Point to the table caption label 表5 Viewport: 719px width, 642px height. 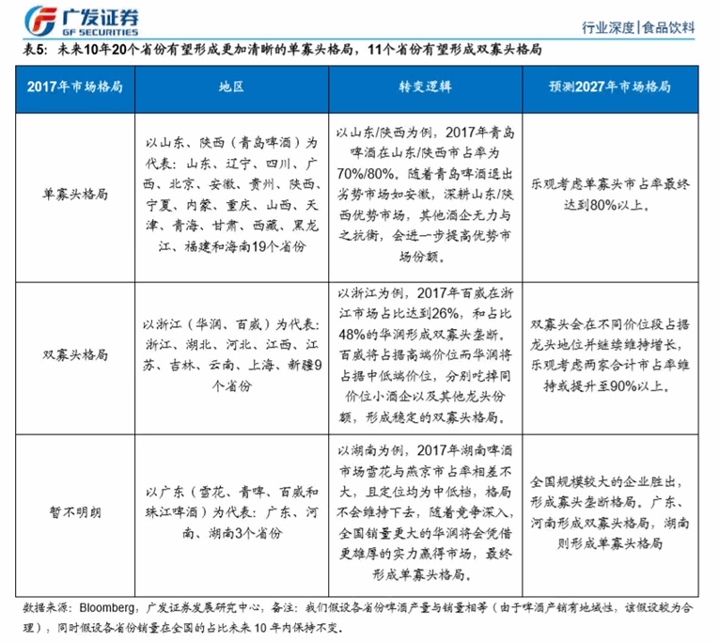[x=25, y=51]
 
